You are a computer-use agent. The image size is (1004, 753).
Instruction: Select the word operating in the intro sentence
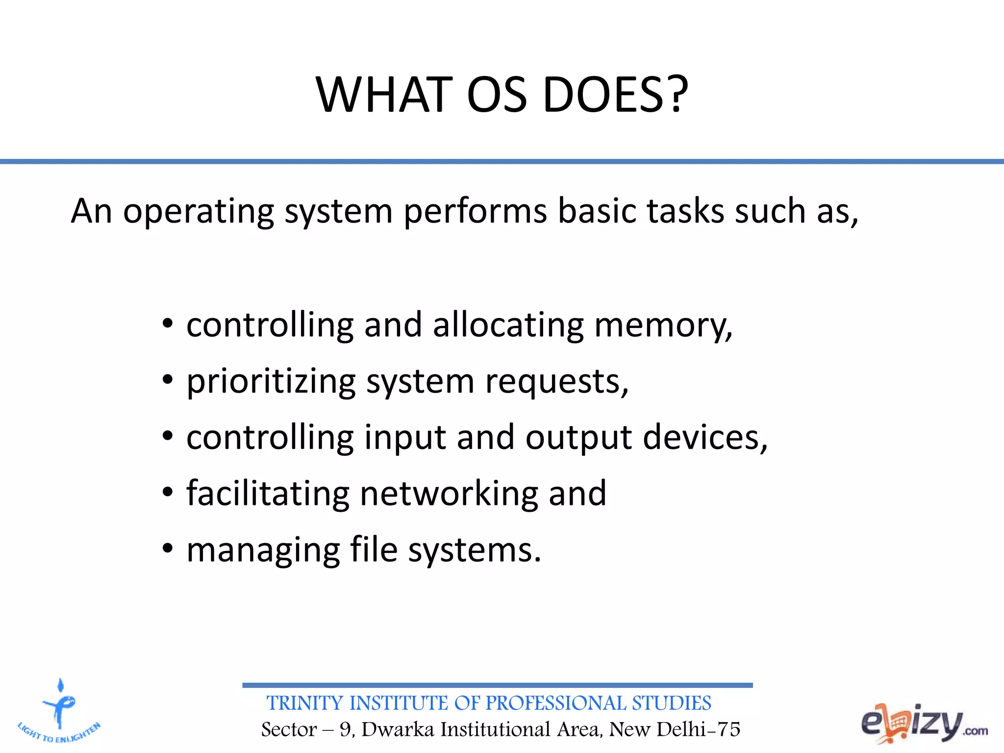[198, 212]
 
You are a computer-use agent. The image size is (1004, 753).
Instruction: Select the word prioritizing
[271, 382]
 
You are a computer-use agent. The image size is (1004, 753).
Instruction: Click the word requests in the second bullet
[556, 382]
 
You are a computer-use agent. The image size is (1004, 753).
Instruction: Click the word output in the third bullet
[578, 438]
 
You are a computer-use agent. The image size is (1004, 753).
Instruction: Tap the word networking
[449, 493]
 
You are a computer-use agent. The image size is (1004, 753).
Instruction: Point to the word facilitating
[268, 493]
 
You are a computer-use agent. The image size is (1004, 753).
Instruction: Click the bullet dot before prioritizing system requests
[168, 380]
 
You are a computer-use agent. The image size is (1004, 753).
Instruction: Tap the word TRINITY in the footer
[304, 703]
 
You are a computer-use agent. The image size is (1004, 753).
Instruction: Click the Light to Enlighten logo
[59, 711]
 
